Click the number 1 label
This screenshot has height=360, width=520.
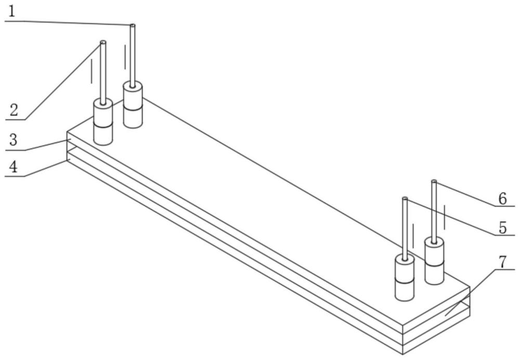click(12, 11)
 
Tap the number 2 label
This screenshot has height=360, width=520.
click(14, 110)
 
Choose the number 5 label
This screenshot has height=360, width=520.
click(502, 227)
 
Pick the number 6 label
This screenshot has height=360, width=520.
click(502, 198)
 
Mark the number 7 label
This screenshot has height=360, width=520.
click(502, 262)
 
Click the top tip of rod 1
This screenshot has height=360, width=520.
click(133, 25)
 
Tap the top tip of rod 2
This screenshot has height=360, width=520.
click(103, 43)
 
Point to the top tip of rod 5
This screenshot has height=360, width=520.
click(405, 199)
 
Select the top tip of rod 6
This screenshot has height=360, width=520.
click(434, 182)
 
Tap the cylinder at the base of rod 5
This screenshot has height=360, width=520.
click(405, 277)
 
